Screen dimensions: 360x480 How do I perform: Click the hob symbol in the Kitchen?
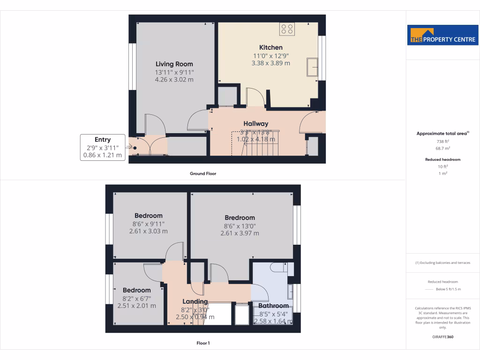pyautogui.click(x=287, y=30)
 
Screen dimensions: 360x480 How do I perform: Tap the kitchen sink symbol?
pyautogui.click(x=312, y=67)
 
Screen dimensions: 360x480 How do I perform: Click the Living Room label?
pyautogui.click(x=174, y=64)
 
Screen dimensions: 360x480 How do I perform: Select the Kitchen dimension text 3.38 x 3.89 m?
pyautogui.click(x=270, y=63)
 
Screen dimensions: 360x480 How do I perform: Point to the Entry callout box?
pyautogui.click(x=103, y=147)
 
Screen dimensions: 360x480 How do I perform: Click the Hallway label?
pyautogui.click(x=255, y=124)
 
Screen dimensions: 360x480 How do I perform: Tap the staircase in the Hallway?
pyautogui.click(x=256, y=144)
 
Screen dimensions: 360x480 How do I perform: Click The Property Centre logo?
pyautogui.click(x=443, y=35)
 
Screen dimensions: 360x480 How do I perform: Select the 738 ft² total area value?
pyautogui.click(x=442, y=141)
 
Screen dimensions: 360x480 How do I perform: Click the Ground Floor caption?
pyautogui.click(x=203, y=173)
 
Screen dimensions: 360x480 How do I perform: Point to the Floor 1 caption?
pyautogui.click(x=203, y=343)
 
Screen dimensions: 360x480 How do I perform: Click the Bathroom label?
pyautogui.click(x=274, y=306)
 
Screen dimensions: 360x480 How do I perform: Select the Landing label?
pyautogui.click(x=195, y=301)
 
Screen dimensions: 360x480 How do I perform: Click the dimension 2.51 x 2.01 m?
pyautogui.click(x=136, y=306)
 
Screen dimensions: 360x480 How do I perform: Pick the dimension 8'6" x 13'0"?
pyautogui.click(x=240, y=225)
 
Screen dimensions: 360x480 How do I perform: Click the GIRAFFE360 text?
pyautogui.click(x=442, y=337)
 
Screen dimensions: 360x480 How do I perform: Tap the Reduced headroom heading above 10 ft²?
pyautogui.click(x=442, y=159)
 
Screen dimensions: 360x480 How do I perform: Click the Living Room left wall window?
pyautogui.click(x=132, y=66)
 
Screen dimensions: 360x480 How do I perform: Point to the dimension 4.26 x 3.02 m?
pyautogui.click(x=174, y=80)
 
